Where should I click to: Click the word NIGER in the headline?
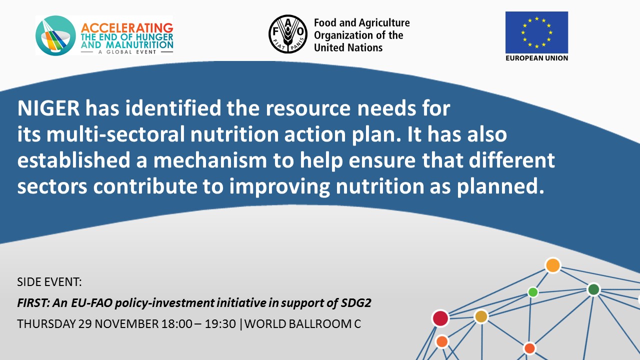[x=48, y=108]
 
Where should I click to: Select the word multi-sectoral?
[x=115, y=134]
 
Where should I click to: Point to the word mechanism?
[x=210, y=160]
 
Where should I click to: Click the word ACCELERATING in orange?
[x=127, y=27]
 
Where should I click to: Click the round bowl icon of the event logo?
[x=55, y=35]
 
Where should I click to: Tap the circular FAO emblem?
[x=288, y=34]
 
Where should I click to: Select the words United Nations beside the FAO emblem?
[x=348, y=47]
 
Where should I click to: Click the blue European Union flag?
[x=536, y=32]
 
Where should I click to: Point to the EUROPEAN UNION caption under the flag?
[x=536, y=58]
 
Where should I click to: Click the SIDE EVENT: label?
[x=49, y=282]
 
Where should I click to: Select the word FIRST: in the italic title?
[x=33, y=303]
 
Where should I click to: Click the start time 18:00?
[x=176, y=324]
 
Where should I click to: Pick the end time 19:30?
[x=220, y=324]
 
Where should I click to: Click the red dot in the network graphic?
[x=440, y=318]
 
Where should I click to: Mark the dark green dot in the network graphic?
[x=593, y=289]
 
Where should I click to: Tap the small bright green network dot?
[x=533, y=292]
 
